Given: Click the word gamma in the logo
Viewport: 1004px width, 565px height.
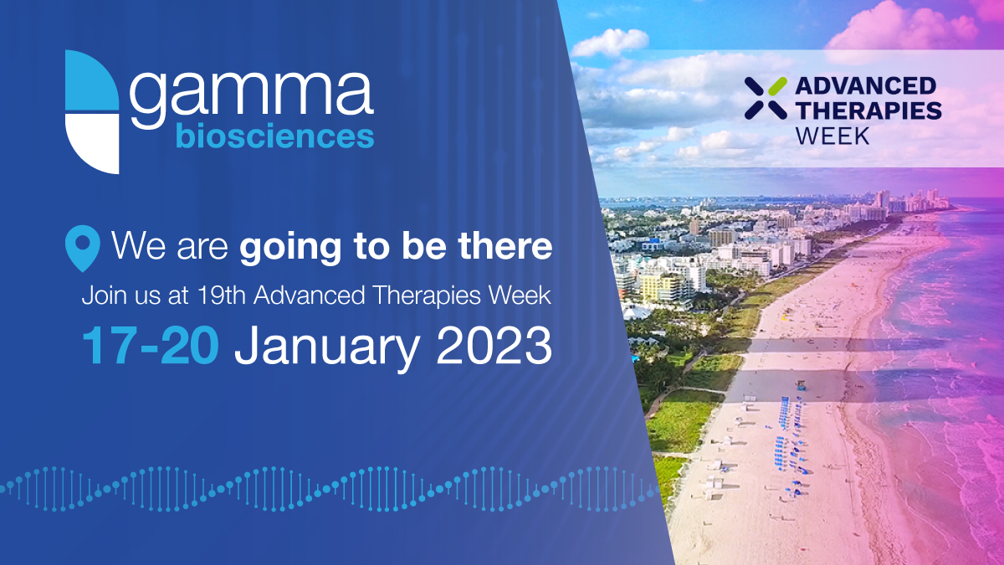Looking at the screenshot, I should point(251,94).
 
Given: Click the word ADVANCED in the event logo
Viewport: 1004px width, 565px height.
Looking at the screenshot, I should point(864,85).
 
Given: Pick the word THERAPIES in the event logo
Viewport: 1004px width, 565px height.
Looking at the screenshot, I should point(868,110).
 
